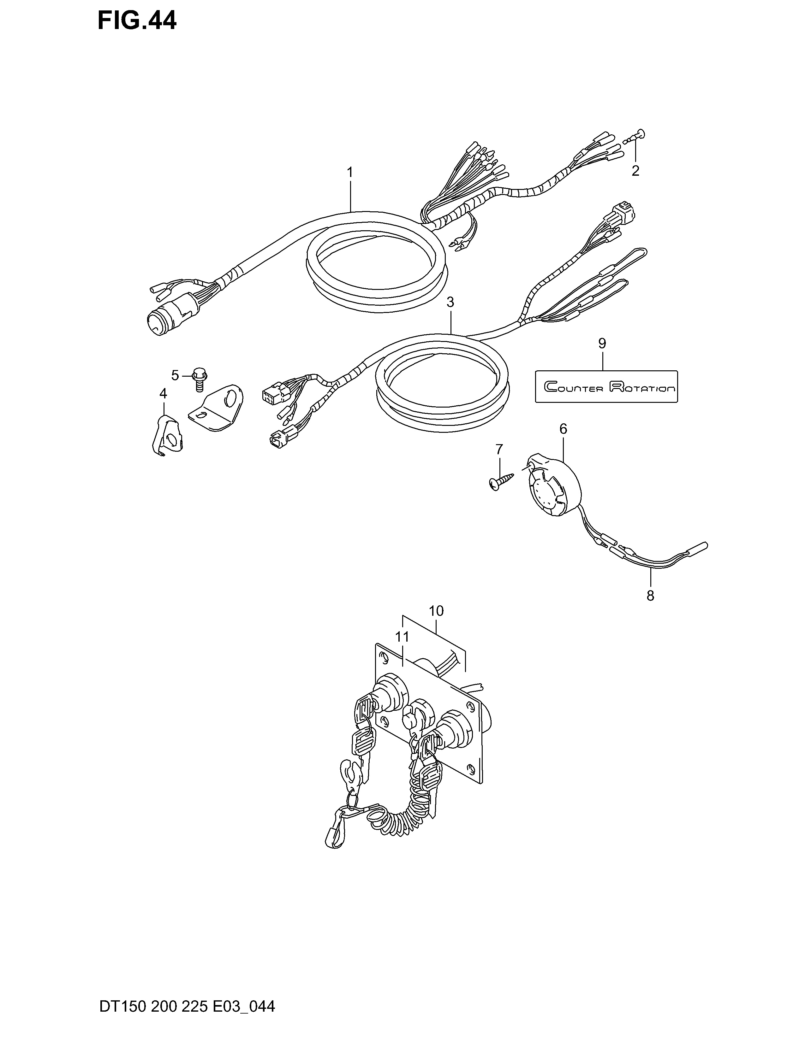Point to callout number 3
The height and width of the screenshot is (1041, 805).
click(450, 302)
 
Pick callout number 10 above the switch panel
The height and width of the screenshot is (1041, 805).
click(436, 611)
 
